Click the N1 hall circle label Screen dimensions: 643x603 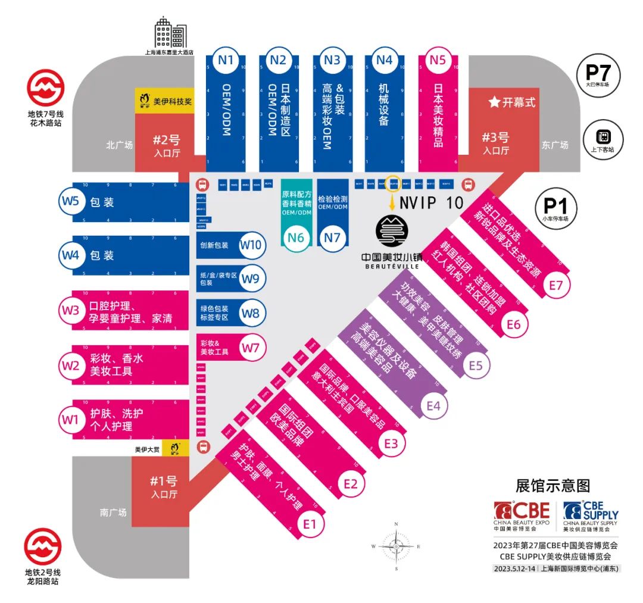tap(226, 60)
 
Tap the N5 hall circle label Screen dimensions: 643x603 tap(438, 60)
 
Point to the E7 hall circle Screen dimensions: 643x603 tap(556, 286)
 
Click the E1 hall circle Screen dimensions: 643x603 tap(310, 524)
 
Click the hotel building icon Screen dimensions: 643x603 tap(170, 33)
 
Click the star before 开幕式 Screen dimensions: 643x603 tap(494, 102)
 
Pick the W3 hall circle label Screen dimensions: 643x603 tap(71, 310)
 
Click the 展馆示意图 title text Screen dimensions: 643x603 tap(553, 485)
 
